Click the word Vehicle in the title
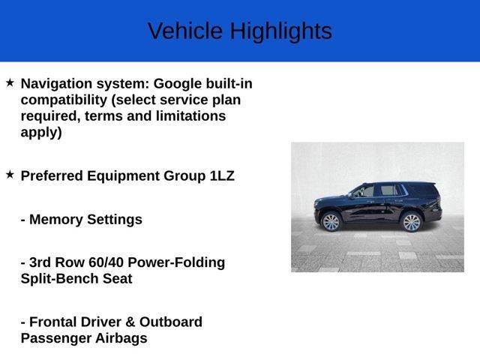[184, 31]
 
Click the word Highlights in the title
[280, 31]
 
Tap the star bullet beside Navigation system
[10, 82]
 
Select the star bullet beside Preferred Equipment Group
[10, 174]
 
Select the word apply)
[41, 133]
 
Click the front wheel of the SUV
[331, 221]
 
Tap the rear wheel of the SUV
[411, 221]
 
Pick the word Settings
[115, 220]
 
